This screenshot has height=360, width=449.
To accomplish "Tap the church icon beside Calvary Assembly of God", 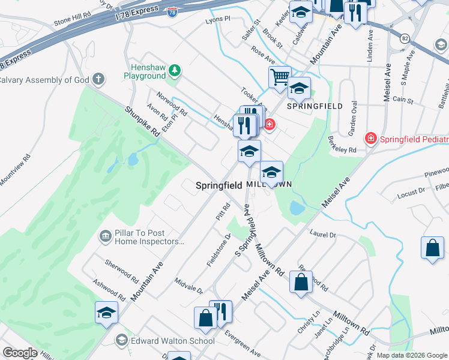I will pyautogui.click(x=98, y=79).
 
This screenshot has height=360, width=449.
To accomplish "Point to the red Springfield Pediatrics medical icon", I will pyautogui.click(x=371, y=139).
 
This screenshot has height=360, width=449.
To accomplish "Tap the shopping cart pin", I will pyautogui.click(x=280, y=77).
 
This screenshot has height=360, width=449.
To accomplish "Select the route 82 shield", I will pyautogui.click(x=406, y=38).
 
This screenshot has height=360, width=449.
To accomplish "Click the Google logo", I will pyautogui.click(x=19, y=353).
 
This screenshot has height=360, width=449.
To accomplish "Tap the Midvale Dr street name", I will pyautogui.click(x=188, y=286).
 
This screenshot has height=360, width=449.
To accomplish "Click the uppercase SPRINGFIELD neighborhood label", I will pyautogui.click(x=314, y=106).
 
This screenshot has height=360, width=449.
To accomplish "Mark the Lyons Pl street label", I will pyautogui.click(x=218, y=19).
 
